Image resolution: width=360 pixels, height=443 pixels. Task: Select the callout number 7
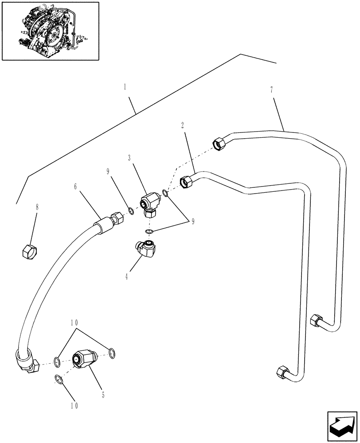(x=271, y=90)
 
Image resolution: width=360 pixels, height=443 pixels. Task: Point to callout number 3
(x=129, y=157)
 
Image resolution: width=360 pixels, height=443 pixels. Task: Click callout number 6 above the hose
(x=75, y=187)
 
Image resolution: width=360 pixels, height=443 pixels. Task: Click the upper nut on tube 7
(x=219, y=144)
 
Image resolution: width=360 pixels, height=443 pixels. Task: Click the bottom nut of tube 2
(x=282, y=372)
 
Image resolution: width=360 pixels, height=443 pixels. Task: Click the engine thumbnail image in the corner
(x=50, y=31)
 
